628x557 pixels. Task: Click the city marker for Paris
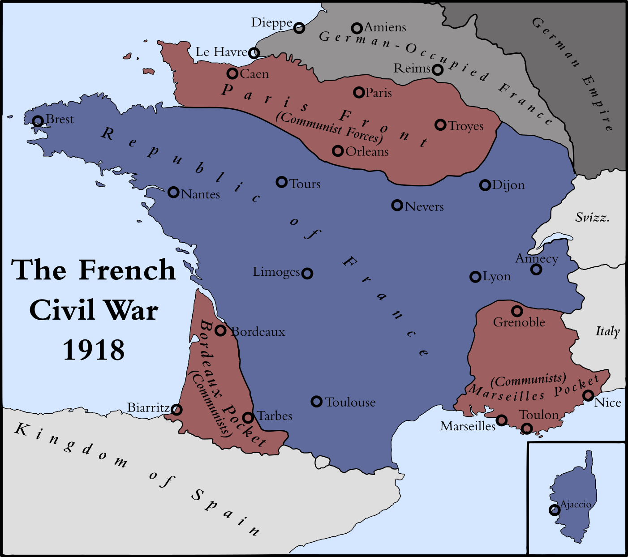pos(358,92)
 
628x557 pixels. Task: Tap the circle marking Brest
pos(38,120)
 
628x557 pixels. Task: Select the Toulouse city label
pos(350,402)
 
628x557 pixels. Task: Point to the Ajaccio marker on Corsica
pos(555,510)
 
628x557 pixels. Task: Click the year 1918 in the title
pos(94,350)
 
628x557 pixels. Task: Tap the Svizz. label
pos(592,218)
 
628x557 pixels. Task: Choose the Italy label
pos(607,331)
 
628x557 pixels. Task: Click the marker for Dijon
pos(485,185)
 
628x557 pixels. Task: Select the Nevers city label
pos(424,207)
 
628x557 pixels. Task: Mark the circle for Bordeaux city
pos(220,330)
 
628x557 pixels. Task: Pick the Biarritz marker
pos(177,409)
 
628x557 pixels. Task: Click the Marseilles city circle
pos(502,420)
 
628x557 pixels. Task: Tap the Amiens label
pos(385,27)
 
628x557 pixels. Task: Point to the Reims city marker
pos(438,70)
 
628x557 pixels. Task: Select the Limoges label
pos(276,272)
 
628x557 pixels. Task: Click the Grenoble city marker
pos(517,311)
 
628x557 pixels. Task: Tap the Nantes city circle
pos(173,193)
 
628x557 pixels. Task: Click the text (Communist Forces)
pos(329,127)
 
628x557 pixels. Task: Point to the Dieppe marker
pos(299,28)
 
